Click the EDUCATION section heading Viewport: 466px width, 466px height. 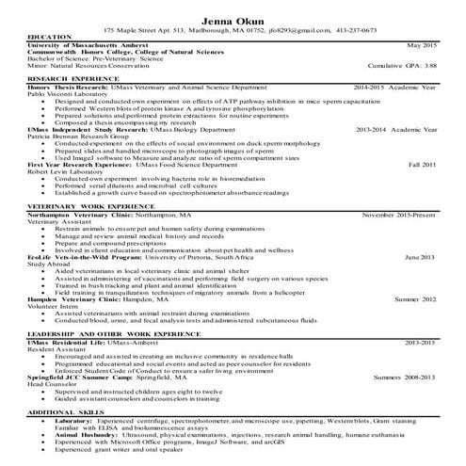tap(50, 37)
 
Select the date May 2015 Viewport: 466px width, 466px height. tap(422, 44)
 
